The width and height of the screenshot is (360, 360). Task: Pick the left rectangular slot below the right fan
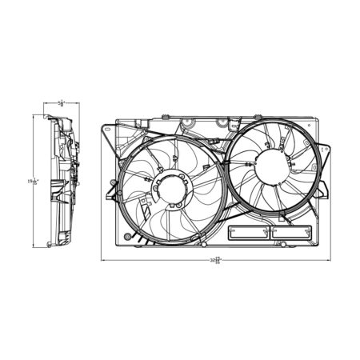(x=249, y=234)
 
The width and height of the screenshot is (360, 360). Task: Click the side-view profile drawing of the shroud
(x=63, y=180)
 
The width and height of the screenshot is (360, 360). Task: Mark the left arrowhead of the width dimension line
(x=103, y=259)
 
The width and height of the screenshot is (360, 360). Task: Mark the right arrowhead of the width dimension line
(x=329, y=259)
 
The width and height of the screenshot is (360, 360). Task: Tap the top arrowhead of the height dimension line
(x=33, y=116)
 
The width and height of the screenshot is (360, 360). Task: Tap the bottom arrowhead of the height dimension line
(x=33, y=245)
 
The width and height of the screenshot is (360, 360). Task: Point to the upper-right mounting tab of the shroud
(x=323, y=149)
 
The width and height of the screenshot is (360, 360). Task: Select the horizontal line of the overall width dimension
(x=160, y=259)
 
